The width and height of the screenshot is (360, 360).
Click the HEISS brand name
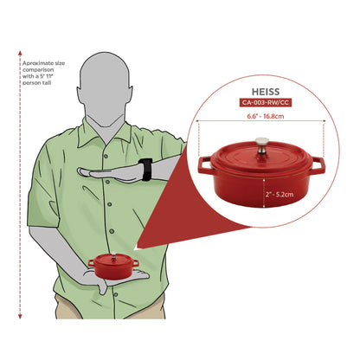[266, 92]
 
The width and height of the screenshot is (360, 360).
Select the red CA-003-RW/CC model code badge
[266, 103]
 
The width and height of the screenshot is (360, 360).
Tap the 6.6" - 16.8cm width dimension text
[265, 116]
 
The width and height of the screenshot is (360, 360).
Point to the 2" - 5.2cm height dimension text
[280, 195]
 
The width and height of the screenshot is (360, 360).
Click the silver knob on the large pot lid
[262, 145]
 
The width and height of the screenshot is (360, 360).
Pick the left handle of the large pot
[205, 165]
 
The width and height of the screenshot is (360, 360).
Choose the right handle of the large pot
[318, 165]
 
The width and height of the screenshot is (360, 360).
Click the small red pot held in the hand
[113, 267]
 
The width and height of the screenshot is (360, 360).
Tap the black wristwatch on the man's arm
[145, 170]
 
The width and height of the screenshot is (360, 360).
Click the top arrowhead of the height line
[20, 53]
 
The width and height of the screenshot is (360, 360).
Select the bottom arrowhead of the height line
[20, 316]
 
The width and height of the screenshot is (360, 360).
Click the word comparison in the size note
[38, 70]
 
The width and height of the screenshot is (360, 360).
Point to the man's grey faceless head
[106, 89]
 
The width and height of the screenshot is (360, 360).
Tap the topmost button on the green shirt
[106, 156]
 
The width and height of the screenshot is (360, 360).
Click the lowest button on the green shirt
[115, 295]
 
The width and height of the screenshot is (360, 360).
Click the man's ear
[131, 93]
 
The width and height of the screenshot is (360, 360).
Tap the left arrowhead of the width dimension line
[197, 121]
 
